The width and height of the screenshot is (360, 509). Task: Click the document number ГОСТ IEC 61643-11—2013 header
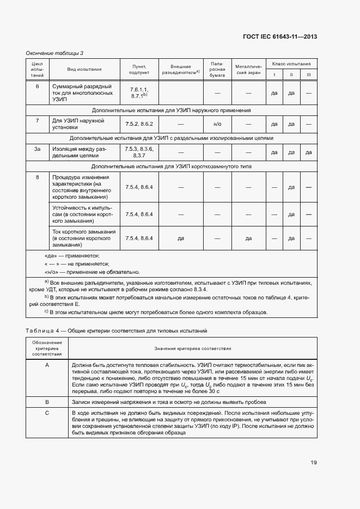click(280, 37)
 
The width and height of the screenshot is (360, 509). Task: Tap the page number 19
click(314, 463)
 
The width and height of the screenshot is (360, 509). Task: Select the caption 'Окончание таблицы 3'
click(54, 53)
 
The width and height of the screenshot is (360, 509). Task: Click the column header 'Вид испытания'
click(84, 69)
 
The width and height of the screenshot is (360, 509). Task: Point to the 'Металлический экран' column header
click(248, 69)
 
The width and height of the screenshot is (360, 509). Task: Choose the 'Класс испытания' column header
click(291, 64)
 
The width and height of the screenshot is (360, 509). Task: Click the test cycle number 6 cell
click(37, 87)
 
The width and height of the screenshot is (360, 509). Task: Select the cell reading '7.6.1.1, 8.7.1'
click(139, 93)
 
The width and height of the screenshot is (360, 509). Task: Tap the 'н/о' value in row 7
click(217, 124)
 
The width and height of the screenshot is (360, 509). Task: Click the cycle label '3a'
click(37, 149)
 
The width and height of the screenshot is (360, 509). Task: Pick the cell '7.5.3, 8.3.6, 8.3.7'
click(139, 152)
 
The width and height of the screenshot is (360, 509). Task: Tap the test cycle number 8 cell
click(37, 177)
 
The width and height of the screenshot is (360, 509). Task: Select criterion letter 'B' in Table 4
click(47, 402)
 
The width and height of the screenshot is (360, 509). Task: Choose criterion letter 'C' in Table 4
click(47, 413)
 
